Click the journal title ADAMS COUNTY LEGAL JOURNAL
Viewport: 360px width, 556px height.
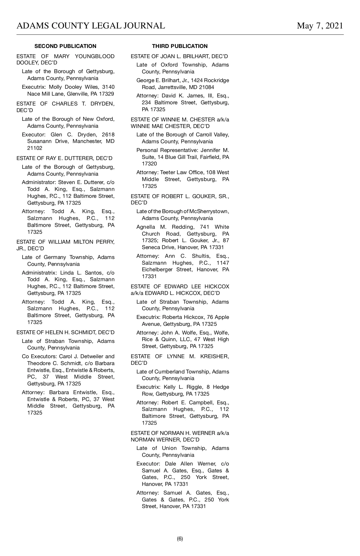pos(91,26)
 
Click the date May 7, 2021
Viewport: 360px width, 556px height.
pos(320,26)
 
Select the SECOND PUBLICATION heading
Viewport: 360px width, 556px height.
pos(65,46)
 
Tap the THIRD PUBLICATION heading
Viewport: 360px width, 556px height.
pos(180,46)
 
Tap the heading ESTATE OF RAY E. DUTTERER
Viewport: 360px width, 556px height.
pos(64,158)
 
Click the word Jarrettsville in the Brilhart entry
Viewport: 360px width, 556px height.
pos(174,87)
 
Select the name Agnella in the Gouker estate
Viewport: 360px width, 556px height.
pos(146,227)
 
